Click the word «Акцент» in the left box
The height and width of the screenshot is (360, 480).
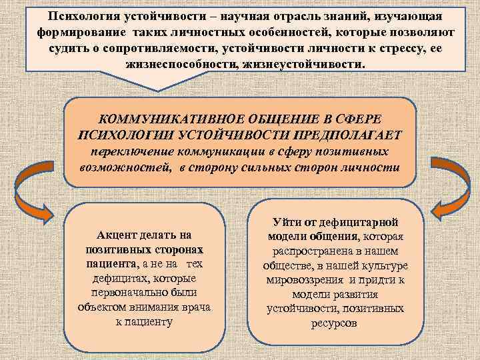[117, 235]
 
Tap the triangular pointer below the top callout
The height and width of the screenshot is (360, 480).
[158, 83]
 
